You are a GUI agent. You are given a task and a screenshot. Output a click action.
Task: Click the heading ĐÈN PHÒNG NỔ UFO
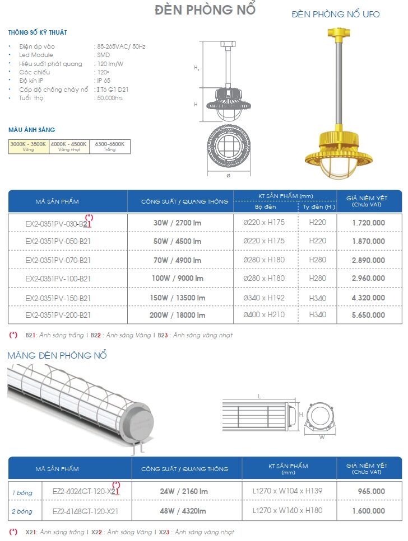coord(335,14)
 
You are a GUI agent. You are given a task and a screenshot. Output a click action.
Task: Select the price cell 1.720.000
coord(368,223)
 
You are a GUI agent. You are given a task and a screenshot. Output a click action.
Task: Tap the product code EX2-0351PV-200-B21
coord(58,315)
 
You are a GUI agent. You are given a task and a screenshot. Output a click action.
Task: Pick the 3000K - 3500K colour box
coord(28,147)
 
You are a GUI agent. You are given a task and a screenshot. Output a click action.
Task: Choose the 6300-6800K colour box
coord(110,147)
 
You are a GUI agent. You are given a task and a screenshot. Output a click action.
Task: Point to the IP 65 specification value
coord(103,81)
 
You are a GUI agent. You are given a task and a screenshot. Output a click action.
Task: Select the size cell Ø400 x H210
coord(264,315)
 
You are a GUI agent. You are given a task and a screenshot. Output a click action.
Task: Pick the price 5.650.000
coord(368,315)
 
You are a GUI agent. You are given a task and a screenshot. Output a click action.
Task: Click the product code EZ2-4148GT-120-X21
coord(85,511)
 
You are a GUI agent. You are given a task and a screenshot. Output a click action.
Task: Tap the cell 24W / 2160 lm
coord(183,492)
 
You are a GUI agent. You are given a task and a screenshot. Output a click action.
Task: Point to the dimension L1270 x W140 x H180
coord(288,511)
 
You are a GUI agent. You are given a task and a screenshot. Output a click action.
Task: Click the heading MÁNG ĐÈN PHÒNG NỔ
coord(57,356)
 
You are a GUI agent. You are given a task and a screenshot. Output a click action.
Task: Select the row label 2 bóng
coord(22,511)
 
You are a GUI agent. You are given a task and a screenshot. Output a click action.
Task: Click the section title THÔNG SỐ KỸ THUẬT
coord(38,33)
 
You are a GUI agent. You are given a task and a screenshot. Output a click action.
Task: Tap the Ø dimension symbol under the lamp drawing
coord(228,175)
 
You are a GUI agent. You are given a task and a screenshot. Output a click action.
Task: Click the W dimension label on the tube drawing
coord(322,437)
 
